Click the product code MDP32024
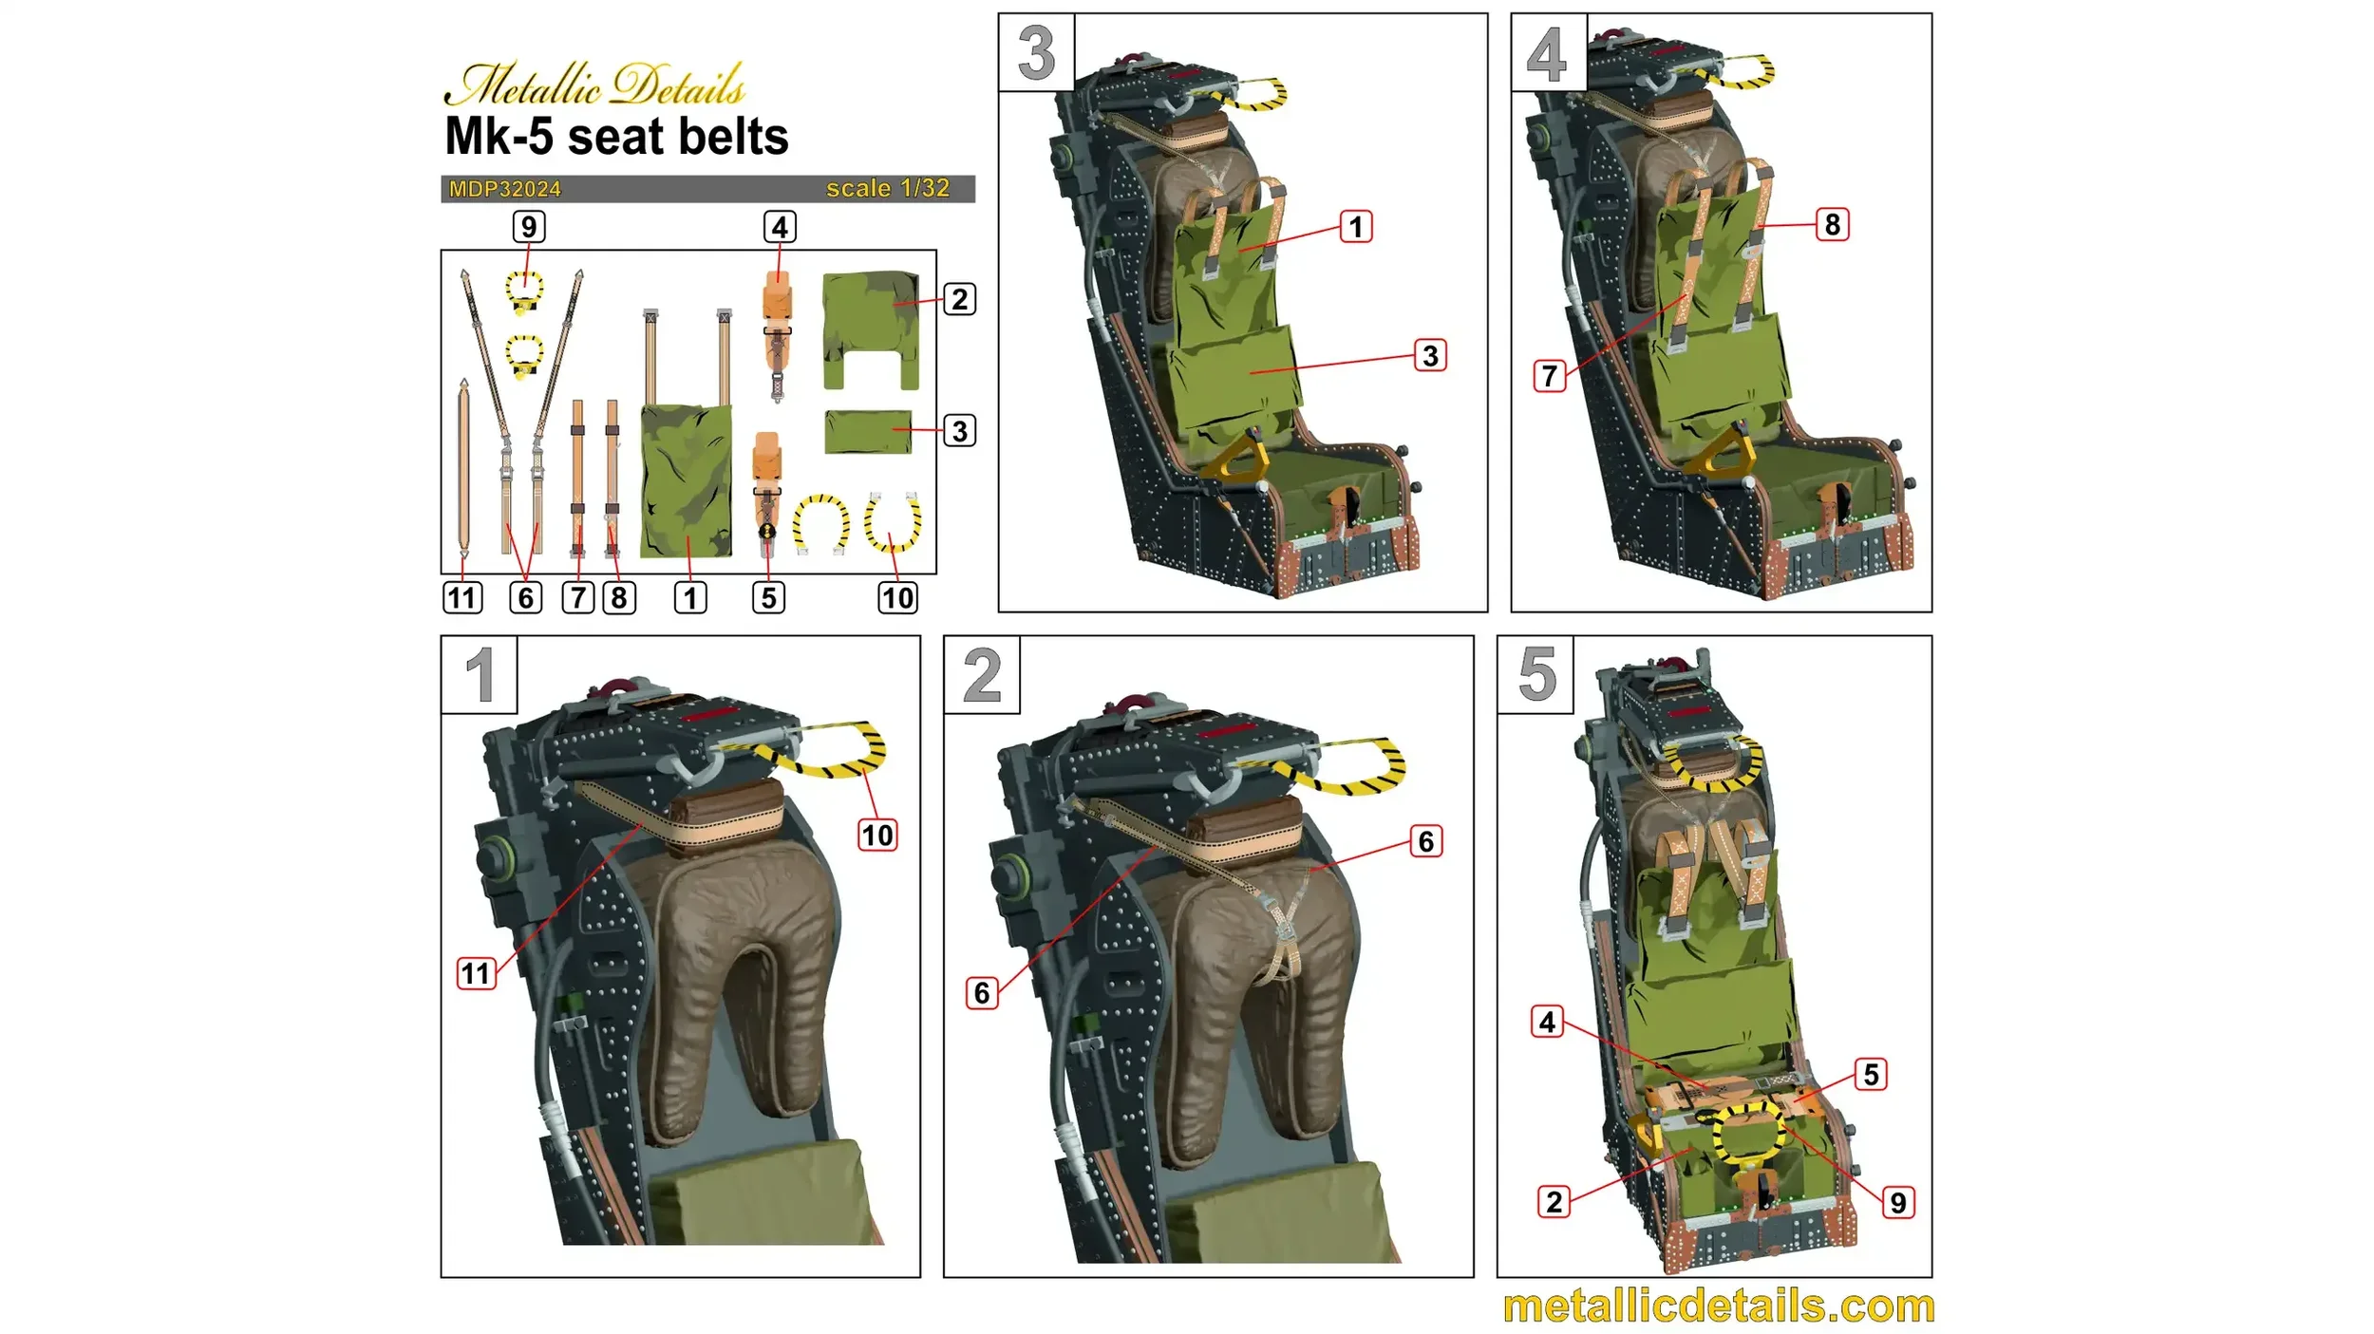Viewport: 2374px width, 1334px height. coord(504,189)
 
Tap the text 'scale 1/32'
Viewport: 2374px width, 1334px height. coord(887,188)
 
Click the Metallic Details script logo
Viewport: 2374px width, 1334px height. coord(595,84)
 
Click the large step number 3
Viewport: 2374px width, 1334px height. coord(1036,53)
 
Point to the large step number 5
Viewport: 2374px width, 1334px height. coord(1536,675)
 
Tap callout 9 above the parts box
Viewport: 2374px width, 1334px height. coord(529,227)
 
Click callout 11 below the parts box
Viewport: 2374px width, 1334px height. coord(462,597)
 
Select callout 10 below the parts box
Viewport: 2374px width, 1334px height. coord(897,597)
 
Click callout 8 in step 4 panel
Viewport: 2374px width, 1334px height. coord(1832,225)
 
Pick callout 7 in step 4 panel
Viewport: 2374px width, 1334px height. coord(1550,376)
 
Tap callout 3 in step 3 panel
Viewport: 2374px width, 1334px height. coord(1430,356)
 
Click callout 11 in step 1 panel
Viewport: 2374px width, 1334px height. coord(476,973)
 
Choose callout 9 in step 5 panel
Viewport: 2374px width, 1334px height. coord(1897,1203)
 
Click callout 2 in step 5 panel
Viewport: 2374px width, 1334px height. coord(1554,1202)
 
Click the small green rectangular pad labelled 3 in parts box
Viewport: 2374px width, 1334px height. coord(868,432)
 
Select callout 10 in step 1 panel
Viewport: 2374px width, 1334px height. coord(876,836)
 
